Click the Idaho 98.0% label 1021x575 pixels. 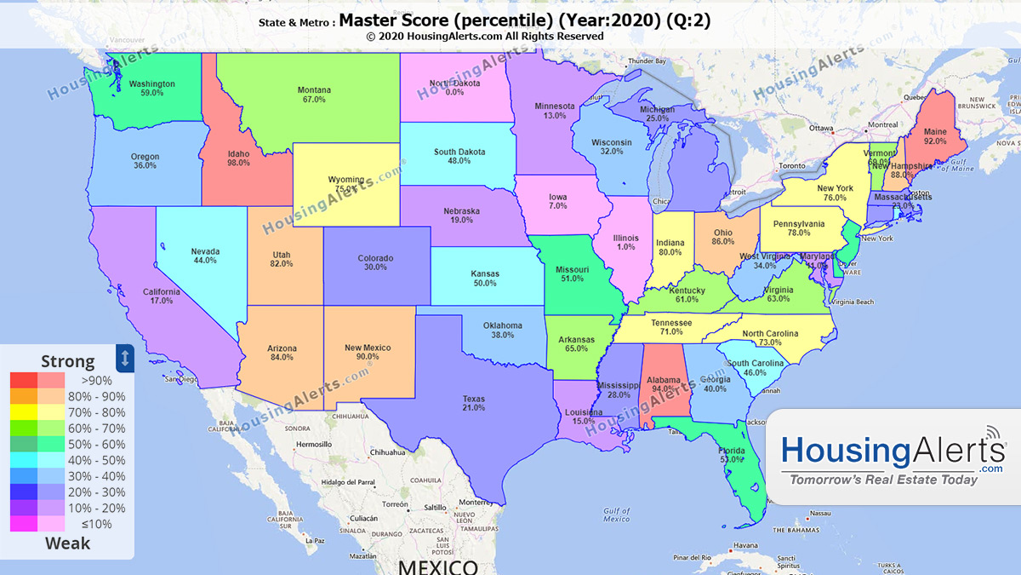(238, 158)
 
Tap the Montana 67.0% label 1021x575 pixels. (314, 95)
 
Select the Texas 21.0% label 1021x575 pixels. (474, 403)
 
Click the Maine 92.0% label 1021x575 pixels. (935, 137)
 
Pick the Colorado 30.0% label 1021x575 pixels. (375, 262)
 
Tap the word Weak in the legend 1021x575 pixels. (67, 543)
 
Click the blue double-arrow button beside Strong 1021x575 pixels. (125, 358)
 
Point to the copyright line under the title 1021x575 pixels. (485, 37)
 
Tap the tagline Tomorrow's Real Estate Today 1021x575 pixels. (884, 480)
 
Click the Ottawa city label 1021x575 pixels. (821, 129)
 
